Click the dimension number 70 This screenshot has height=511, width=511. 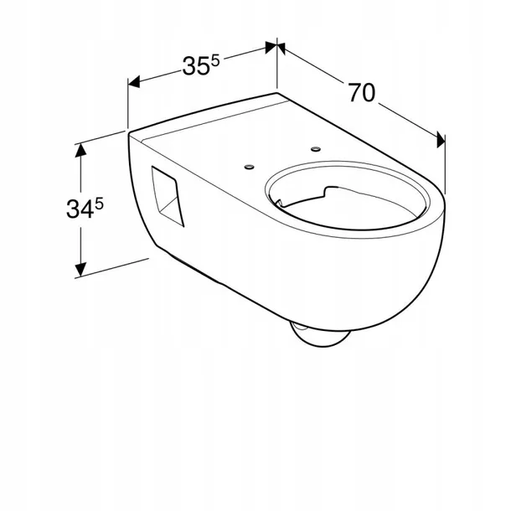point(362,92)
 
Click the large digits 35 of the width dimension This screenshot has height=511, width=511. point(195,66)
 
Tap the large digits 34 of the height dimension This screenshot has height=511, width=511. point(80,209)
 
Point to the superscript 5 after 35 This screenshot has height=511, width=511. point(216,60)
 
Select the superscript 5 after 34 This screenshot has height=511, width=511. point(99,204)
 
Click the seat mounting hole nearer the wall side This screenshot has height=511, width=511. point(316,149)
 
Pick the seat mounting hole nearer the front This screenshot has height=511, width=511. point(250,168)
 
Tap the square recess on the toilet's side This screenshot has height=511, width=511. point(168,196)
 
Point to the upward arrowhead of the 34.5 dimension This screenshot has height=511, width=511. point(80,150)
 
